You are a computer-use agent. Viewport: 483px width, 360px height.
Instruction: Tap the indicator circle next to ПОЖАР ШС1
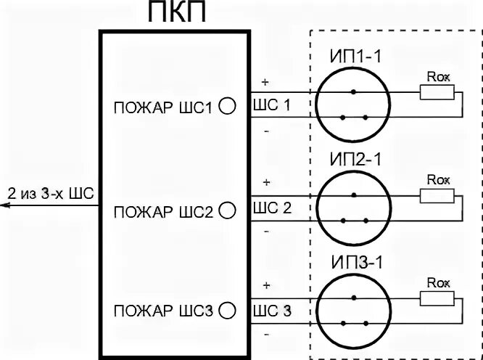point(227,106)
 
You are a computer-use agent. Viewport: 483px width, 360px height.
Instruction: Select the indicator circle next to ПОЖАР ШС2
point(227,210)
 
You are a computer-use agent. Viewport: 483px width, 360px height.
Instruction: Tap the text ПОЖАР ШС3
point(162,311)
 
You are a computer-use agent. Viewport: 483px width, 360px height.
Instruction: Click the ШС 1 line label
point(272,105)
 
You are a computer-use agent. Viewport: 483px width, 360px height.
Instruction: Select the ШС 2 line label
point(272,208)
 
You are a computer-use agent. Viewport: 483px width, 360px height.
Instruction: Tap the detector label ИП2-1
point(353,159)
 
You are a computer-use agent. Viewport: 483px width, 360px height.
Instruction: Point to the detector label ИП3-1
point(353,261)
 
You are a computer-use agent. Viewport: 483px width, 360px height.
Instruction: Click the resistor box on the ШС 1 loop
point(437,92)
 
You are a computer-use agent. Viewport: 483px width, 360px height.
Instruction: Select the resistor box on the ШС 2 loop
point(437,195)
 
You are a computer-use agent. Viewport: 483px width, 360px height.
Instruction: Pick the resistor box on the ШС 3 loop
point(437,298)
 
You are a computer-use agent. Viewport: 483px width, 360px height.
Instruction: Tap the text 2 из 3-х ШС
point(51,194)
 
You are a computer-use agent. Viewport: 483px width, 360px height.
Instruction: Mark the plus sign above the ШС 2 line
point(266,181)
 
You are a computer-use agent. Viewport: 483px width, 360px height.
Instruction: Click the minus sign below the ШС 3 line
point(266,335)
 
